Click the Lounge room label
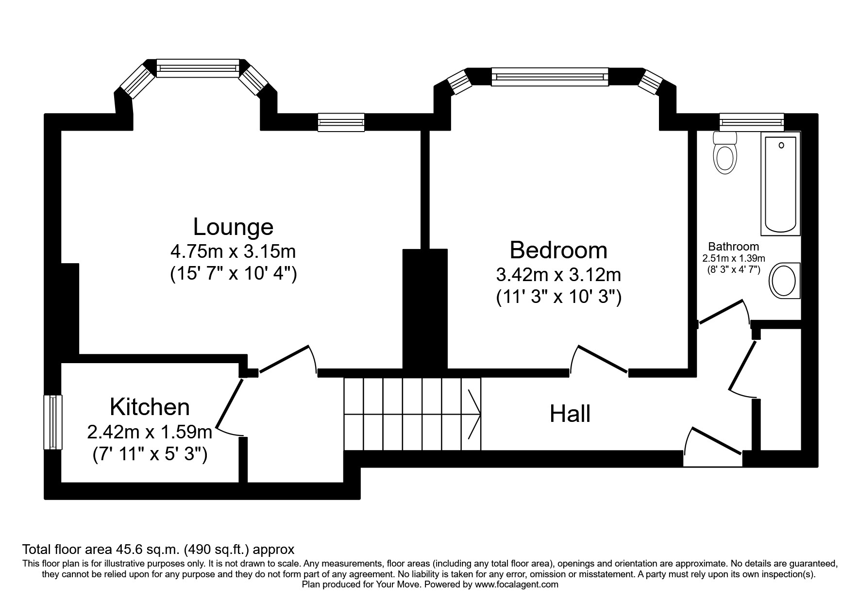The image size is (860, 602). click(233, 227)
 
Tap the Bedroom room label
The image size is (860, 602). click(558, 250)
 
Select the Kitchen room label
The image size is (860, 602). click(150, 407)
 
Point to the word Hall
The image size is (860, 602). click(570, 414)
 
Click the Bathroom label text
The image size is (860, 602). click(733, 247)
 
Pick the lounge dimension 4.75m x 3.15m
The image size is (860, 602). click(233, 251)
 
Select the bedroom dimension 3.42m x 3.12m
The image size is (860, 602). click(558, 275)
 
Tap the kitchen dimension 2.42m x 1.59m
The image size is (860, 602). click(150, 431)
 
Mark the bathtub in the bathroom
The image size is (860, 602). click(781, 186)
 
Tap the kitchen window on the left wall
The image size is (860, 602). click(53, 422)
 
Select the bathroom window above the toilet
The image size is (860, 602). click(752, 122)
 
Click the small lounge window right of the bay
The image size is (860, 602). click(341, 122)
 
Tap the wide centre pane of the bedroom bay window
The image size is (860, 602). click(550, 77)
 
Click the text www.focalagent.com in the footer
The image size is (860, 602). click(517, 585)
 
